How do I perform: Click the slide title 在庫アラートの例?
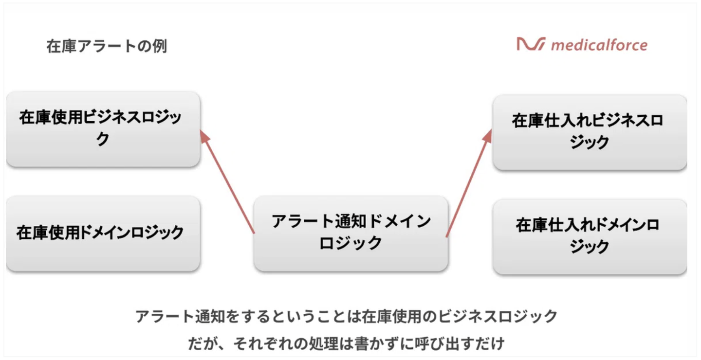pyautogui.click(x=107, y=47)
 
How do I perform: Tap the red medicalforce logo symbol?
pyautogui.click(x=531, y=45)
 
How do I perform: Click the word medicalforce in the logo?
pyautogui.click(x=599, y=46)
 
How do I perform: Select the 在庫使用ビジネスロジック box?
pyautogui.click(x=103, y=129)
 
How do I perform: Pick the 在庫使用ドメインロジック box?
pyautogui.click(x=103, y=233)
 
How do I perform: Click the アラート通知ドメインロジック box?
pyautogui.click(x=350, y=233)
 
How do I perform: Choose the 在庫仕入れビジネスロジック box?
pyautogui.click(x=590, y=132)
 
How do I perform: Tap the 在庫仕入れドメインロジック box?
pyautogui.click(x=590, y=236)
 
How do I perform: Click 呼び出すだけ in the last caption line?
pyautogui.click(x=462, y=344)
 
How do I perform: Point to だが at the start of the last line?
pyautogui.click(x=201, y=344)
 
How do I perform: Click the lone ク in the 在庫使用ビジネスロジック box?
pyautogui.click(x=103, y=140)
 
